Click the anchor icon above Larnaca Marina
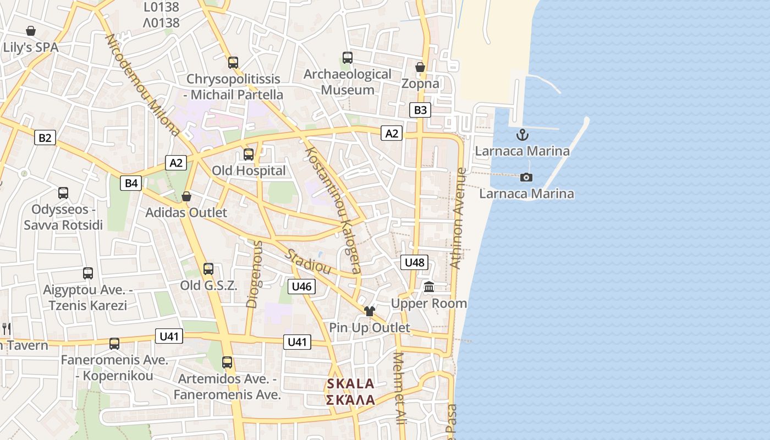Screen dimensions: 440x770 522,134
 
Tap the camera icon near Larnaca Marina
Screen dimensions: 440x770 526,177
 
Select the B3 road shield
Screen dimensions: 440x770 420,110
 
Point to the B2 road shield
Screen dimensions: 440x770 45,137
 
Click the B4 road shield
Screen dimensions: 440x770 131,183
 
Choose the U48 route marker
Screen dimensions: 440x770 414,262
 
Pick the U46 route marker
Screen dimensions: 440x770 301,286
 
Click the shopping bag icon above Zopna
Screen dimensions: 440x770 420,67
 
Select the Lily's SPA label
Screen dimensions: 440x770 31,47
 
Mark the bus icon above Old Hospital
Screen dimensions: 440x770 249,155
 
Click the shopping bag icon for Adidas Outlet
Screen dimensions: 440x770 186,196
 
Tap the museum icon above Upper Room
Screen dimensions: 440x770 429,287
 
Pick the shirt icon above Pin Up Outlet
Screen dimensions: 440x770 369,311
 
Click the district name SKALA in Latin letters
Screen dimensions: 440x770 350,384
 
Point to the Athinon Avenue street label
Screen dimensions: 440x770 457,219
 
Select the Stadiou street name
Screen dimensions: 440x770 309,261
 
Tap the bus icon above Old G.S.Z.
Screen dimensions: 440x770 208,269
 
